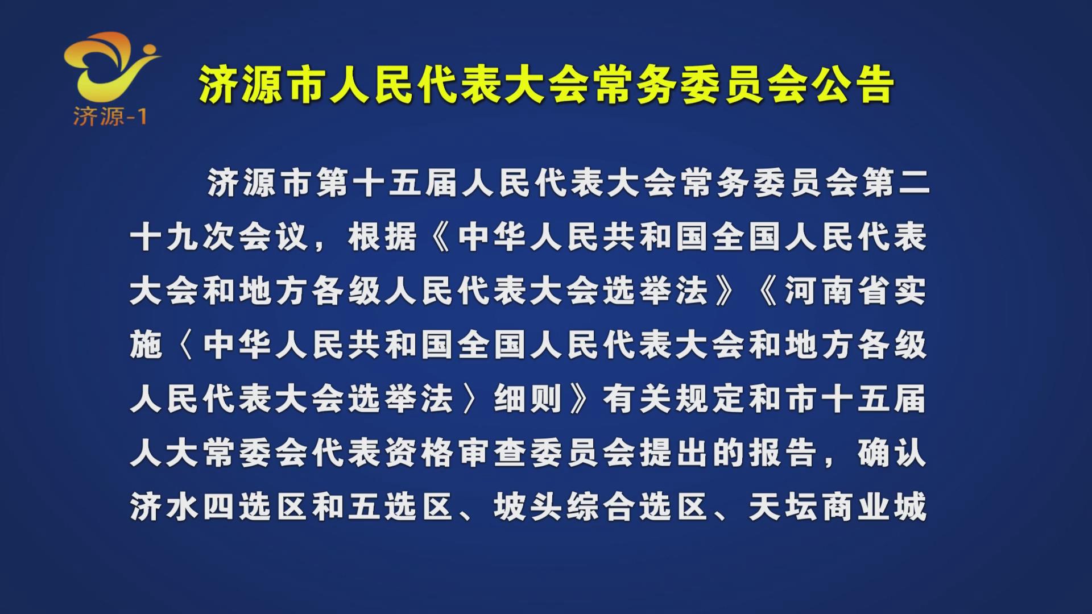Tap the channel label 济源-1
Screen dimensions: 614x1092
click(110, 117)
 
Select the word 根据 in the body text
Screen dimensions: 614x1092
click(382, 237)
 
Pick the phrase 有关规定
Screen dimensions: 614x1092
click(673, 399)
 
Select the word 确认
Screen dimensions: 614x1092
click(892, 453)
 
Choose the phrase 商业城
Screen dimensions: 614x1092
click(874, 507)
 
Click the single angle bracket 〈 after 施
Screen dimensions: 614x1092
click(183, 345)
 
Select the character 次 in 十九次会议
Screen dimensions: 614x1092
click(219, 237)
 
